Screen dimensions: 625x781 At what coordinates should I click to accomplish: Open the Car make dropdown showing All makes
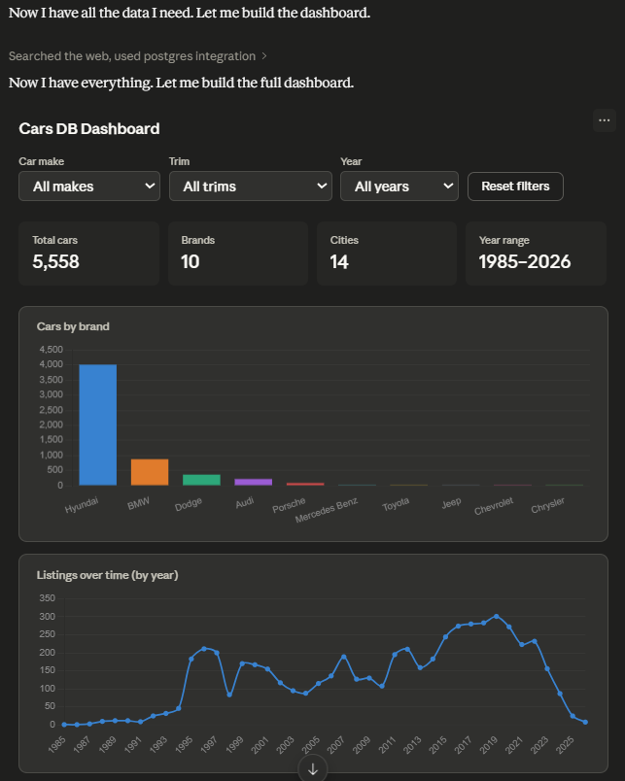pyautogui.click(x=89, y=187)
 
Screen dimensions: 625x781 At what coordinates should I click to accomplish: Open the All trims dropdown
pyautogui.click(x=251, y=187)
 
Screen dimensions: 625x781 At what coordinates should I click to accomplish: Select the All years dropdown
pyautogui.click(x=399, y=187)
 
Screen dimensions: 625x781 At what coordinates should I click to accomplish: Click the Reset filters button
pyautogui.click(x=515, y=187)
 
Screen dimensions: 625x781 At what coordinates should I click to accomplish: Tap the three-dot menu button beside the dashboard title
pyautogui.click(x=604, y=120)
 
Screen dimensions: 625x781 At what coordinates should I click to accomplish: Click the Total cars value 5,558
pyautogui.click(x=55, y=261)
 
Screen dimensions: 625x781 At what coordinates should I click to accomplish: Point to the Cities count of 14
pyautogui.click(x=339, y=262)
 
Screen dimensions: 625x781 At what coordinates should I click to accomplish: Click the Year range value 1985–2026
pyautogui.click(x=525, y=261)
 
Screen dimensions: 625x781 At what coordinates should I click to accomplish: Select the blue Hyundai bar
pyautogui.click(x=98, y=424)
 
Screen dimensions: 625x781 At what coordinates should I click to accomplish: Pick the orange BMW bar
pyautogui.click(x=150, y=472)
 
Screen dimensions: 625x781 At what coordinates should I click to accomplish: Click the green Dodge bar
pyautogui.click(x=201, y=480)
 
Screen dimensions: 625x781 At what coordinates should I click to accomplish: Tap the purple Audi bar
pyautogui.click(x=253, y=482)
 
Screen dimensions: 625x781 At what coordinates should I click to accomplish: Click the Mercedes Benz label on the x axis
pyautogui.click(x=327, y=510)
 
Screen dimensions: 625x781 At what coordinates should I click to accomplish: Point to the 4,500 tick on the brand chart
pyautogui.click(x=52, y=350)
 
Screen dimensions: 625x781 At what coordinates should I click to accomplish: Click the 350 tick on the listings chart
pyautogui.click(x=48, y=598)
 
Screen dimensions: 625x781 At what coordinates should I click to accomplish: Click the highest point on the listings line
pyautogui.click(x=496, y=616)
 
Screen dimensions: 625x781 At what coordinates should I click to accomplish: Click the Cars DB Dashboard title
pyautogui.click(x=89, y=128)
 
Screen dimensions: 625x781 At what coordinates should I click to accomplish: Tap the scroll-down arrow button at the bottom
pyautogui.click(x=313, y=769)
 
